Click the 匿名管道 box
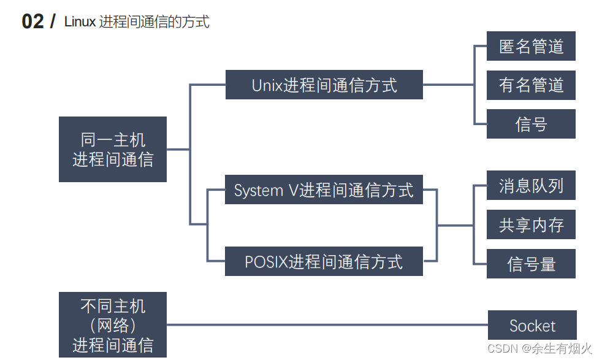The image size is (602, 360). (x=531, y=46)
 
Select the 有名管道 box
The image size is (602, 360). (x=531, y=85)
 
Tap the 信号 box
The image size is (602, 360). (x=531, y=124)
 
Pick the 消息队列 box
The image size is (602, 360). (x=531, y=185)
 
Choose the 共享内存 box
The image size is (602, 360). (x=531, y=224)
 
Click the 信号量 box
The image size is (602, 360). (x=531, y=264)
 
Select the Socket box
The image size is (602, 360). (x=532, y=326)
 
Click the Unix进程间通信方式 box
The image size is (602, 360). (x=324, y=85)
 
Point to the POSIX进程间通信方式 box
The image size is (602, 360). (x=324, y=262)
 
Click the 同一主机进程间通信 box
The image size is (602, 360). (x=113, y=149)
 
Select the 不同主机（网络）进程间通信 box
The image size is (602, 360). (x=113, y=325)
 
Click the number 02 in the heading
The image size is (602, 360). (x=32, y=21)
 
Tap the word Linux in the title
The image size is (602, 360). (x=80, y=22)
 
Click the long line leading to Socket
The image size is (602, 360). (x=325, y=325)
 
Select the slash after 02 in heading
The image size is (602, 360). (x=52, y=21)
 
